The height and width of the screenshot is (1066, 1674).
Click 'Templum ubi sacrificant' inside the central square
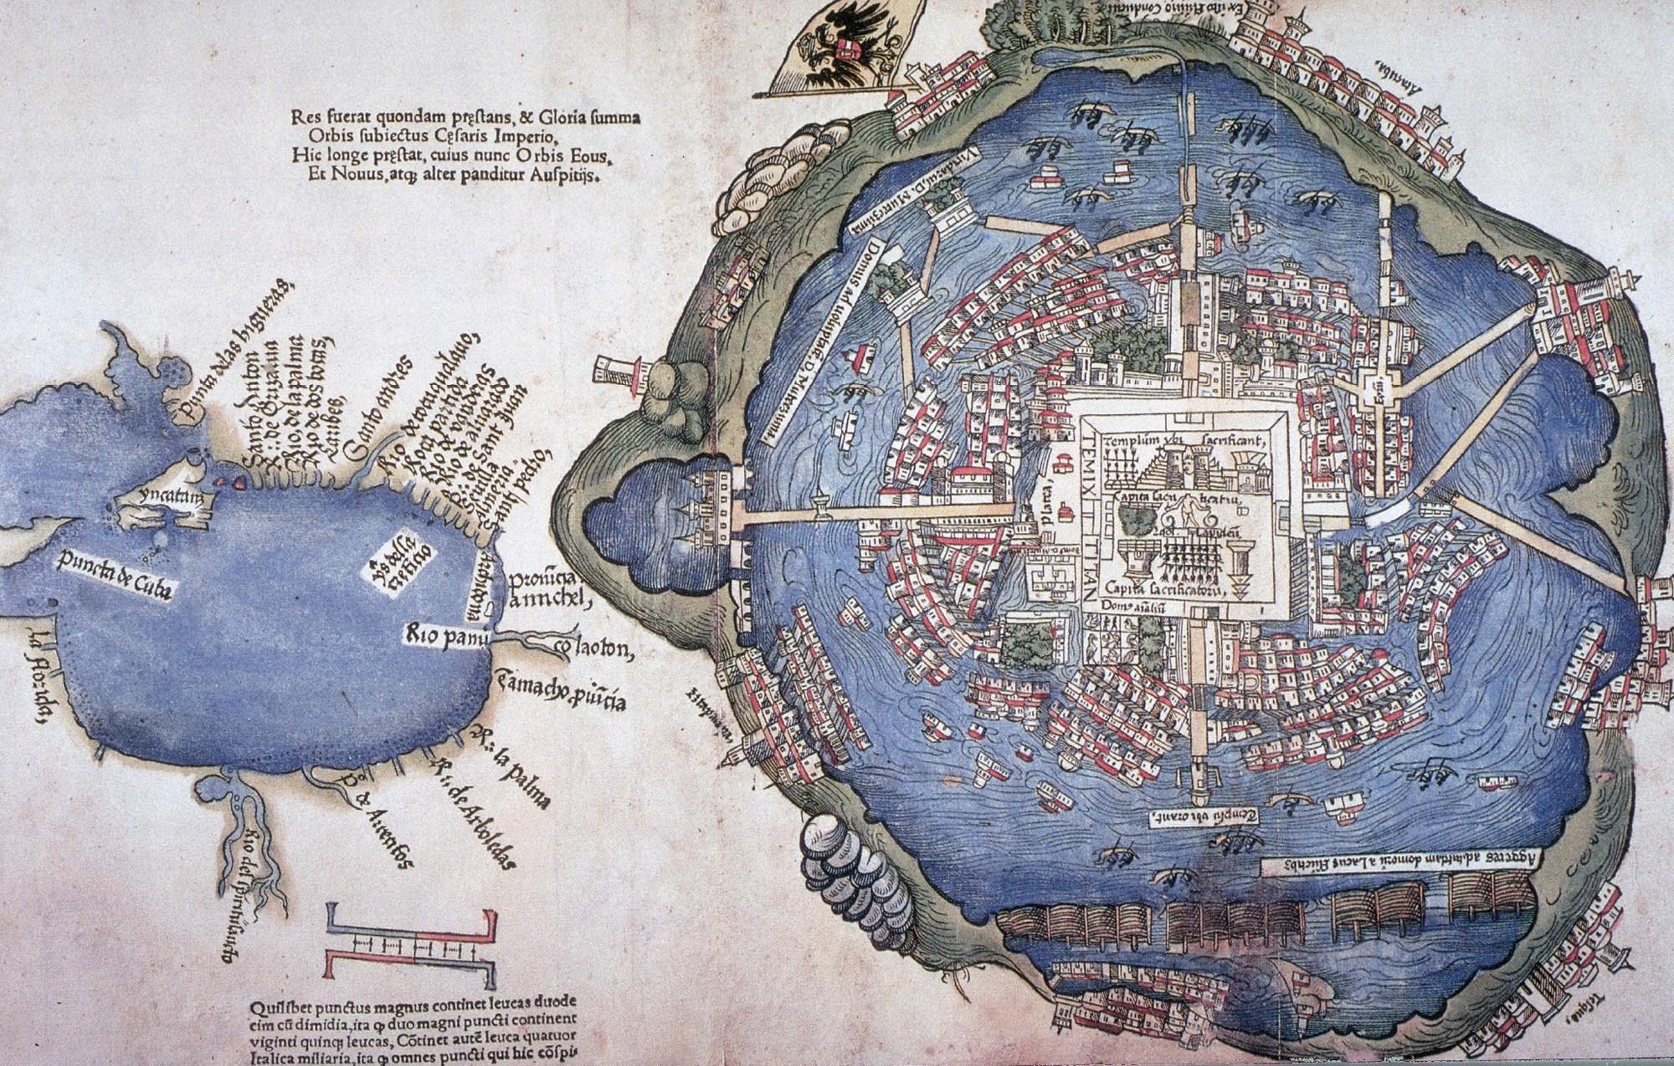pos(1188,440)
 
